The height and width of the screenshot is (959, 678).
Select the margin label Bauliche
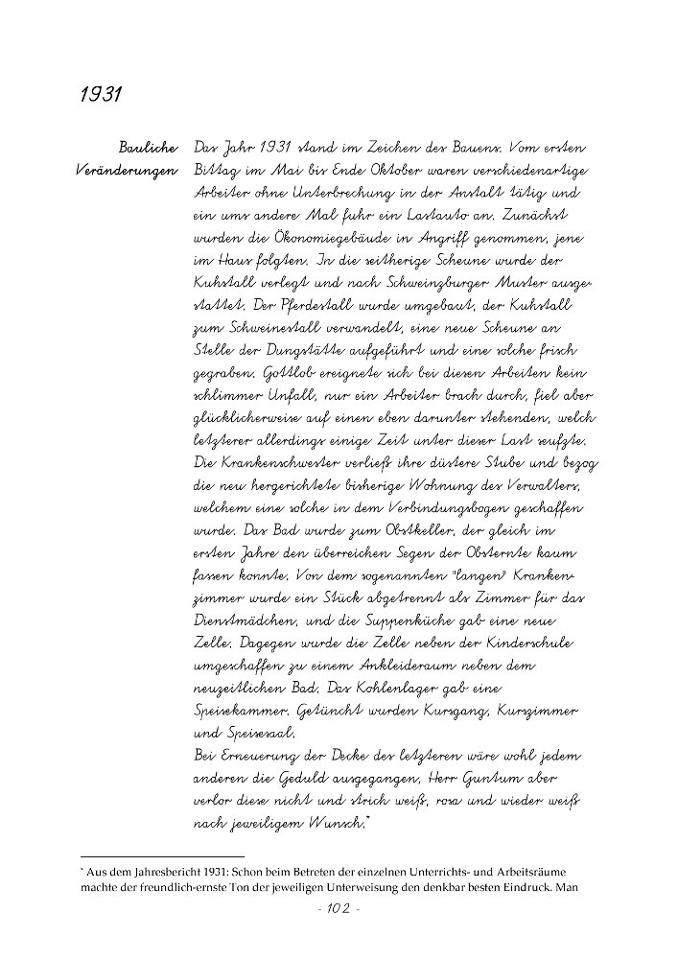point(148,149)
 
